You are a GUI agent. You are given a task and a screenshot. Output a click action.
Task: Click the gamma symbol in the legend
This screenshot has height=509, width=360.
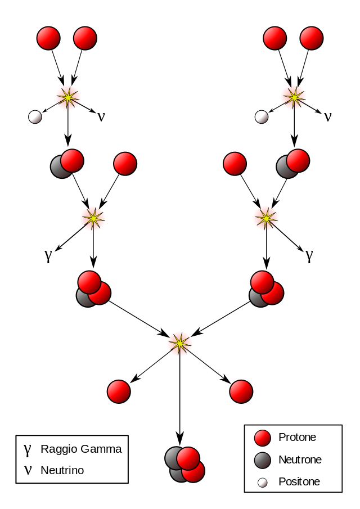click(27, 449)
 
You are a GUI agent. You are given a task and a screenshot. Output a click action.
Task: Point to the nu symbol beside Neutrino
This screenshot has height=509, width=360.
click(27, 470)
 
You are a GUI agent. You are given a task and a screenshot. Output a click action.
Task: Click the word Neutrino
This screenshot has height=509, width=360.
click(62, 470)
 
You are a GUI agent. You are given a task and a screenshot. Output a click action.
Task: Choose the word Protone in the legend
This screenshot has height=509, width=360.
click(297, 437)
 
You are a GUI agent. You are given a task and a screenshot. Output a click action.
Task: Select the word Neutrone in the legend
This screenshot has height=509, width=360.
click(300, 460)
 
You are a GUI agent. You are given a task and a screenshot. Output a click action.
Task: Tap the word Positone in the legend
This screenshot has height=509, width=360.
click(299, 481)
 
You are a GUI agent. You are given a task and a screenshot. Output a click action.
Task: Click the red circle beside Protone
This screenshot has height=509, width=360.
click(263, 438)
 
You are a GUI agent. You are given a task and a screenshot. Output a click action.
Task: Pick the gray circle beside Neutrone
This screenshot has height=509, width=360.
click(263, 460)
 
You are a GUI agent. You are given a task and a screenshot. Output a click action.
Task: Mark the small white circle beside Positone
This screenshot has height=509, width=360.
click(263, 483)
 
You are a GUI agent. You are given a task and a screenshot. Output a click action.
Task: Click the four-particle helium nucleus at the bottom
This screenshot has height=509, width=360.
click(184, 465)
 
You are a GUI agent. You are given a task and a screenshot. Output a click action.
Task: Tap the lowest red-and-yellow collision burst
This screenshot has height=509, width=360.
click(180, 344)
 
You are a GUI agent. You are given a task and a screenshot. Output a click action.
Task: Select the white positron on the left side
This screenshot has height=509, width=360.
click(35, 117)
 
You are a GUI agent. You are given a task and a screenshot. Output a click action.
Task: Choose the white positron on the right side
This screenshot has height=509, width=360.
click(262, 117)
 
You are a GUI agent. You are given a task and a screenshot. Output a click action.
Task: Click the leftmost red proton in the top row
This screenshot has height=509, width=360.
click(48, 38)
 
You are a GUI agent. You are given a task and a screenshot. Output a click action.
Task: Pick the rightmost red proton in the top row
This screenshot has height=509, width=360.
click(312, 38)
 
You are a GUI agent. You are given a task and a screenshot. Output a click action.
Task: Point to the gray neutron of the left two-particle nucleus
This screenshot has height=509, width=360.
click(59, 168)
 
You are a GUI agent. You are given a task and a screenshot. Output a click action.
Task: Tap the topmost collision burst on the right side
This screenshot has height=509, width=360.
click(294, 97)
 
